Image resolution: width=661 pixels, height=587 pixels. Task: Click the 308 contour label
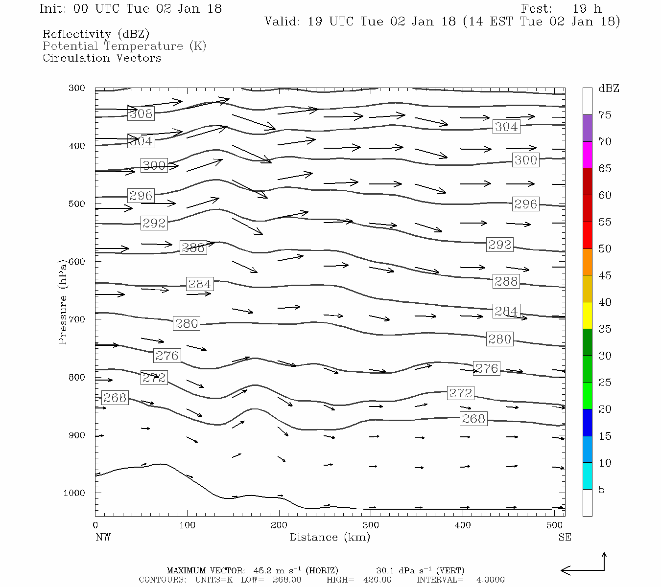(141, 113)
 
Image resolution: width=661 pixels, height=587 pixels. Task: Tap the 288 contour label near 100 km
(193, 248)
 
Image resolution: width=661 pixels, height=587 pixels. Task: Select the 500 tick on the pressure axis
(77, 204)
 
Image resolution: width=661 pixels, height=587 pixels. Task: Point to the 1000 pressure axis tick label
(74, 493)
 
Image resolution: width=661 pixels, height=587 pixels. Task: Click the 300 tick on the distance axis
(371, 525)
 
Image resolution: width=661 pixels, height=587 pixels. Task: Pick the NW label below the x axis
(103, 537)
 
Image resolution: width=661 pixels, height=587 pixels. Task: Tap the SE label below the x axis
(565, 537)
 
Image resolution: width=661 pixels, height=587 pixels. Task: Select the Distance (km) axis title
(330, 537)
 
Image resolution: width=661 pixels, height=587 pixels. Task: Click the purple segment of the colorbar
(587, 128)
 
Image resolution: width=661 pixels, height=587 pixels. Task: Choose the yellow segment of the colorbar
(587, 316)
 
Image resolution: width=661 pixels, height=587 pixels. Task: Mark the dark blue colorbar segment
(587, 423)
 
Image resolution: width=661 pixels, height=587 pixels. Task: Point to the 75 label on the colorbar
(605, 115)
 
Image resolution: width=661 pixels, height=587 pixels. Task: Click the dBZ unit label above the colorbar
(609, 89)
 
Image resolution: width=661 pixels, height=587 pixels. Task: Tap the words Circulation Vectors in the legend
(102, 58)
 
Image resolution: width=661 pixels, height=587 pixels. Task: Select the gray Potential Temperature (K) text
(124, 46)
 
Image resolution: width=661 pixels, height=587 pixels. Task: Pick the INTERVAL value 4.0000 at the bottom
(490, 580)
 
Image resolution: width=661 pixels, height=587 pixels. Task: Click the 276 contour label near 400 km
(487, 368)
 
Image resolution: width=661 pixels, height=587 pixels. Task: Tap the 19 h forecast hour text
(587, 9)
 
